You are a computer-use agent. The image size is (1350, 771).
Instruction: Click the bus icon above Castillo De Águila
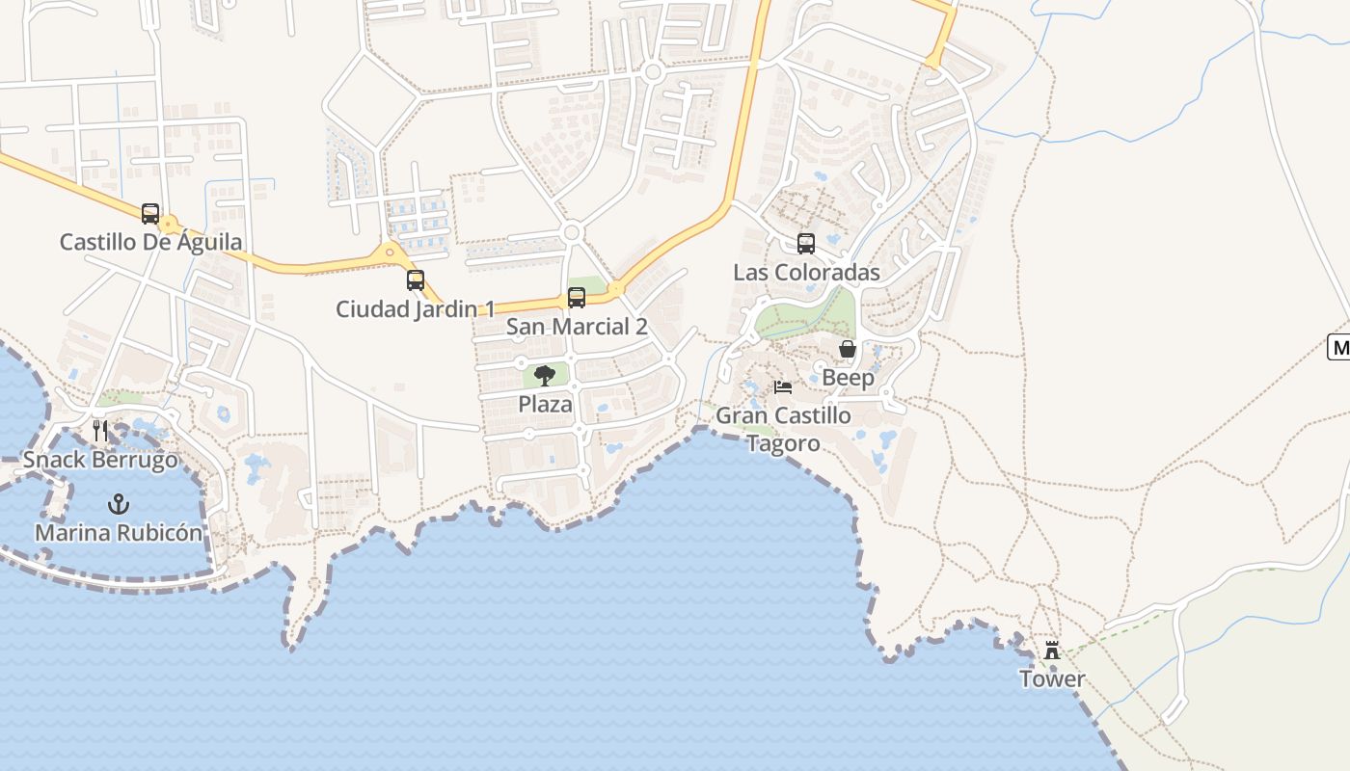[150, 214]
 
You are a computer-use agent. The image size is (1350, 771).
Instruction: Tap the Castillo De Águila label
[151, 242]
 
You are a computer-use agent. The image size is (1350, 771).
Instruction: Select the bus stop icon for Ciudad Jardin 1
[416, 280]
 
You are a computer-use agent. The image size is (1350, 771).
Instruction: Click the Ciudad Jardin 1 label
[415, 309]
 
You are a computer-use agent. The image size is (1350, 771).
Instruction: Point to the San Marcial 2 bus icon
[577, 298]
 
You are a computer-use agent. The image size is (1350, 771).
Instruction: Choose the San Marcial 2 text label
[577, 327]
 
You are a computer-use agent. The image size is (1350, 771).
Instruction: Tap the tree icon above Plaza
[545, 376]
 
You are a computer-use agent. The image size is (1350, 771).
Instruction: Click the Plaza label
[546, 405]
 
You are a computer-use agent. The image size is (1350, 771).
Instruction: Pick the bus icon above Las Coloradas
[806, 244]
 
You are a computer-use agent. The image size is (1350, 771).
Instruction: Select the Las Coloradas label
[806, 273]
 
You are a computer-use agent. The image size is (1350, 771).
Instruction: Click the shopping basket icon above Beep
[848, 349]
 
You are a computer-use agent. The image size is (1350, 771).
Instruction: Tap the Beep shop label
[848, 378]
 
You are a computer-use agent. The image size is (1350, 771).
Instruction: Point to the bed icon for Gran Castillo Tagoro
[783, 387]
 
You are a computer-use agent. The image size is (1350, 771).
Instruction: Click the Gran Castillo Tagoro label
[783, 430]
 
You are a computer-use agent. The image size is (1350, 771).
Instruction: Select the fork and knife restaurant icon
[101, 431]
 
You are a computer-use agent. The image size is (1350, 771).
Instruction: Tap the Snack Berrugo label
[101, 460]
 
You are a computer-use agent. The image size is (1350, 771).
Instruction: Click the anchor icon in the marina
[119, 503]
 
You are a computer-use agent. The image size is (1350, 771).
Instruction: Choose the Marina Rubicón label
[119, 533]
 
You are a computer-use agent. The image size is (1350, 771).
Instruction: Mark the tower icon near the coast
[1052, 651]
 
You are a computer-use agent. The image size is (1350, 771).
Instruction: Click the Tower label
[1052, 679]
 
